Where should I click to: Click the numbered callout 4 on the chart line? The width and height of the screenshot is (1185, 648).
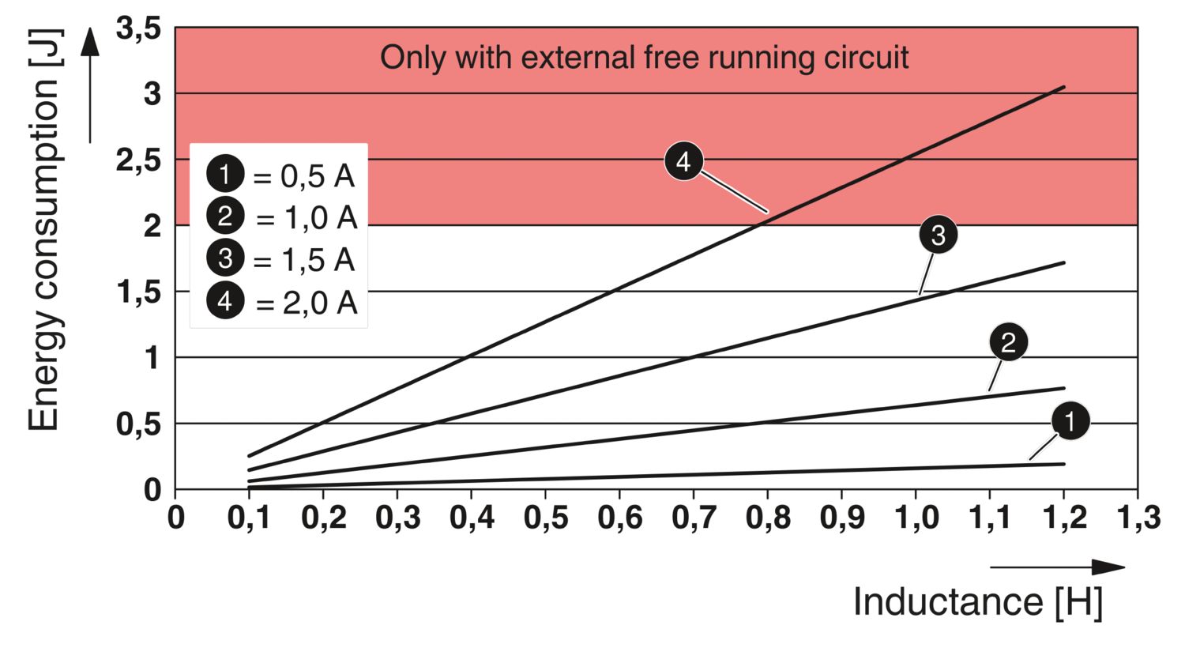point(684,161)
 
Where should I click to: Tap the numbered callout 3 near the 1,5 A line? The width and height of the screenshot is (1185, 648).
point(938,235)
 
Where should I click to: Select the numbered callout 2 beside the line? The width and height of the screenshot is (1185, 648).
point(1008,343)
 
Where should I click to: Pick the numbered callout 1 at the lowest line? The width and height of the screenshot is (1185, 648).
point(1070,421)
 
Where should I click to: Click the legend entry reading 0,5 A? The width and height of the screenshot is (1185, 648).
point(281,175)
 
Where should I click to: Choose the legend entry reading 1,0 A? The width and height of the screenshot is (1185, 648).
point(282,217)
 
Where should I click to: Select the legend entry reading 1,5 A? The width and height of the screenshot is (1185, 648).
point(281,259)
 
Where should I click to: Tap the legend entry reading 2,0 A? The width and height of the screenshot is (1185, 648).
point(282,302)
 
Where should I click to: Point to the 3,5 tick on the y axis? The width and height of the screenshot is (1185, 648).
point(138,29)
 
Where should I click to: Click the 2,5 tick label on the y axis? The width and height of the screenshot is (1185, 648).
point(138,160)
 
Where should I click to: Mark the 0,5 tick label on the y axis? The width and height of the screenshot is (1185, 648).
point(138,424)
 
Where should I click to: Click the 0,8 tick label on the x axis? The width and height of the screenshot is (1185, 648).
point(768,518)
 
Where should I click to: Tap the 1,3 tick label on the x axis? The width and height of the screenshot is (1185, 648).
point(1138,518)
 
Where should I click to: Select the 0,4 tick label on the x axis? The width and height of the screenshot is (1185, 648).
point(472,518)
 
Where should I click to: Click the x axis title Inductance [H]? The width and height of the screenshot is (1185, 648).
point(978,602)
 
